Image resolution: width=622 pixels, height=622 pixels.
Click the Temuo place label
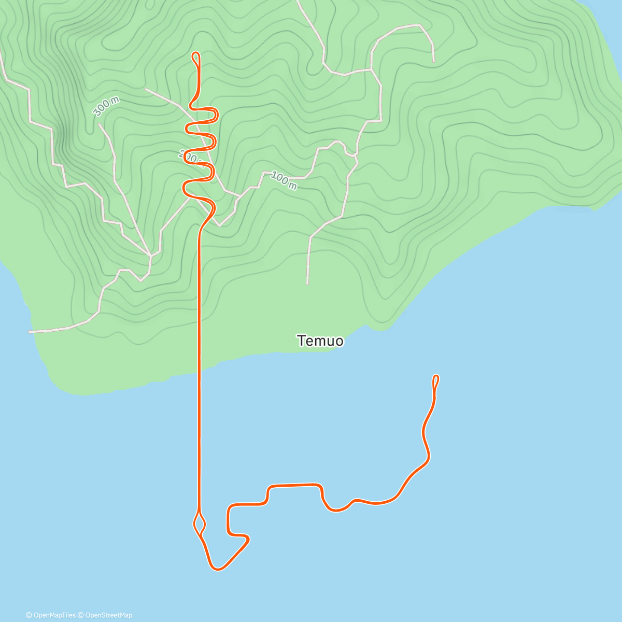[x=320, y=341]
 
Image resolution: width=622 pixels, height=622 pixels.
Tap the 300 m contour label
[x=106, y=107]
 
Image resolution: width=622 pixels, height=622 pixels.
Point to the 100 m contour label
[x=284, y=180]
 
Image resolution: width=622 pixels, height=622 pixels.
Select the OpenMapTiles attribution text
[x=51, y=615]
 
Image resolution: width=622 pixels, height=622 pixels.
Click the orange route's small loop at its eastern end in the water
[x=436, y=380]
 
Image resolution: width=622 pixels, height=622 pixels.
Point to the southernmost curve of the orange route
[x=218, y=569]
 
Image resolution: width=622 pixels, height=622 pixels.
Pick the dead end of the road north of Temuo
[x=307, y=284]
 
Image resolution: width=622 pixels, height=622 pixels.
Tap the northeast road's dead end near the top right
[x=434, y=62]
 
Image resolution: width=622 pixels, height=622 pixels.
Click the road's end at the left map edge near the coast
[x=30, y=331]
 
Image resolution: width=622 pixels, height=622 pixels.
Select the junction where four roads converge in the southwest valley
[x=150, y=256]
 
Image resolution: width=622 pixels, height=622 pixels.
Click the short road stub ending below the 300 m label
[x=98, y=124]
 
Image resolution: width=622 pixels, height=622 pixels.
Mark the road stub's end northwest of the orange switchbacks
[x=146, y=89]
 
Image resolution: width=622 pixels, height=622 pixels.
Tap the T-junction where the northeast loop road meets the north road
[x=371, y=69]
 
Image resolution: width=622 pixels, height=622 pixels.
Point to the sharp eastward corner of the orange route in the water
[x=248, y=540]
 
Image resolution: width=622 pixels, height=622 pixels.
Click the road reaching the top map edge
[x=298, y=2]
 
